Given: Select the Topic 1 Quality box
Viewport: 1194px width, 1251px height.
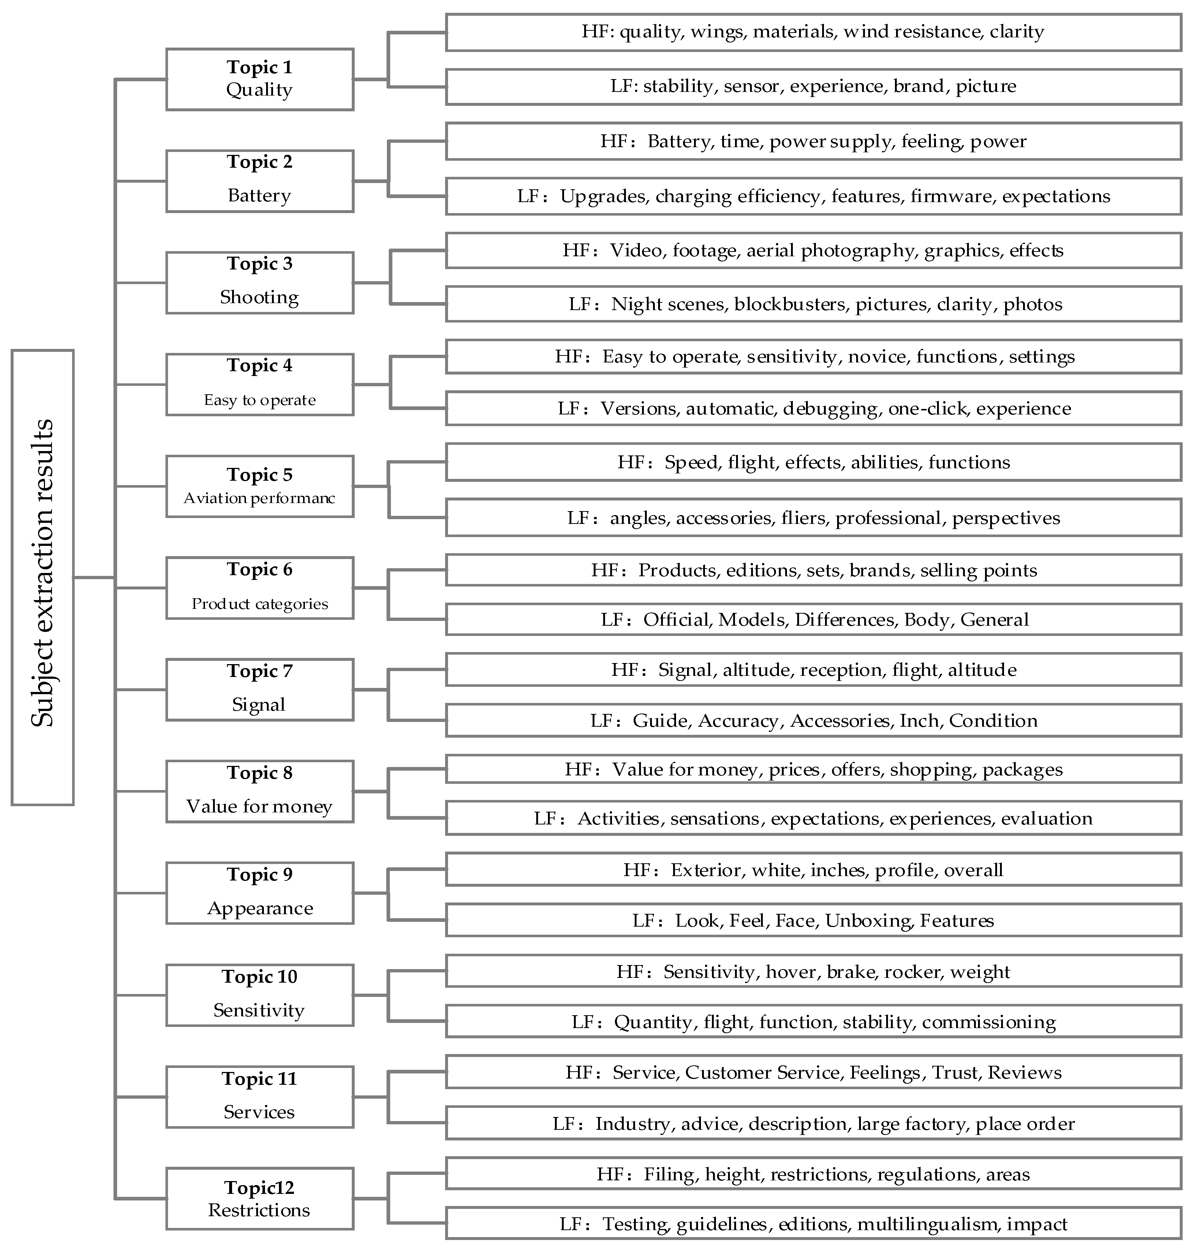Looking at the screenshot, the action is click(x=260, y=79).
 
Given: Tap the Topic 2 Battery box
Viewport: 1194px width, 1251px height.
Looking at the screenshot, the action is click(x=260, y=181).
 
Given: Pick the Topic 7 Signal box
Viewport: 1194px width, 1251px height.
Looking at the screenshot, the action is click(x=260, y=689).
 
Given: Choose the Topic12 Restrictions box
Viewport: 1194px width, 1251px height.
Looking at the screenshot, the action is click(x=260, y=1198).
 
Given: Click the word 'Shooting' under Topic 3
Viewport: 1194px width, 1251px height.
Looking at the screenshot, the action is click(x=259, y=297).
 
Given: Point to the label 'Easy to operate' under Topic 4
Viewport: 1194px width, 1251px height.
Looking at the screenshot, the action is click(x=260, y=400).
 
